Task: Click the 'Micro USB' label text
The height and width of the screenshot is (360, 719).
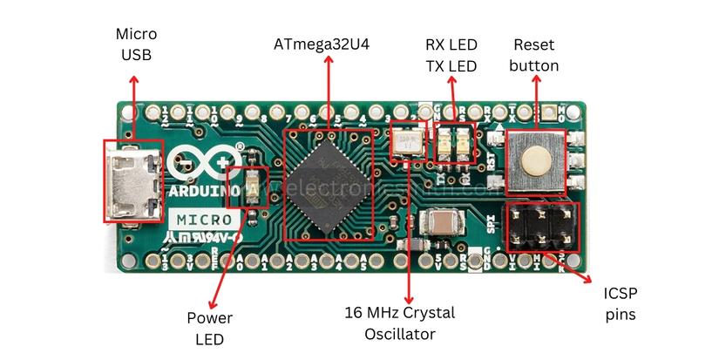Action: [x=137, y=44]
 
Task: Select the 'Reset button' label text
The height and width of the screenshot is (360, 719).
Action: [x=534, y=54]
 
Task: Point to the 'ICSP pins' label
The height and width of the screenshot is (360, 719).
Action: [x=621, y=302]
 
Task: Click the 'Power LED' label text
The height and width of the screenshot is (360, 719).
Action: [x=209, y=328]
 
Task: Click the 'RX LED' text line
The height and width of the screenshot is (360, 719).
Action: [x=451, y=44]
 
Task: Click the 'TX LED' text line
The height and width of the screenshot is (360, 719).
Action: [x=451, y=66]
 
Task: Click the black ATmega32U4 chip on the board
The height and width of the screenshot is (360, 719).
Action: [x=329, y=185]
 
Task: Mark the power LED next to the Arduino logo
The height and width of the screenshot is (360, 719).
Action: [x=254, y=187]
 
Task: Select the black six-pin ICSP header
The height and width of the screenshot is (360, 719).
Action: [x=540, y=225]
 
